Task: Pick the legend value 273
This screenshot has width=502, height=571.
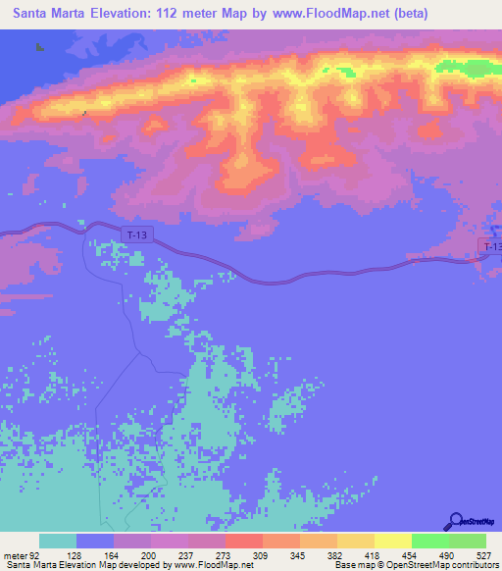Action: click(x=232, y=554)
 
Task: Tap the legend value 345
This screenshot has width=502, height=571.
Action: click(x=306, y=554)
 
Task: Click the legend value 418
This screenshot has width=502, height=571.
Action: click(x=379, y=554)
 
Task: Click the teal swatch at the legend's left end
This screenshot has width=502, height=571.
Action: click(x=58, y=541)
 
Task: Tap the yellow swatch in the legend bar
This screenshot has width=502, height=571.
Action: click(x=392, y=541)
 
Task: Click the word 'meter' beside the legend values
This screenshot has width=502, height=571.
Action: click(x=14, y=554)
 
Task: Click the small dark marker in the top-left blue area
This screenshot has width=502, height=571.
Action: click(x=39, y=46)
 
